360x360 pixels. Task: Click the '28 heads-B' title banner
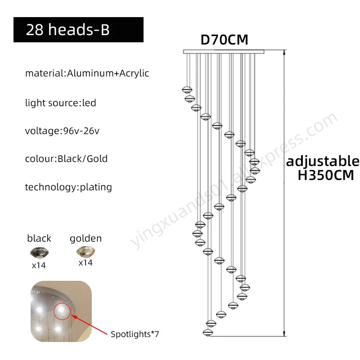(x=78, y=30)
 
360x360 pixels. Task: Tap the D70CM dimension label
(x=224, y=40)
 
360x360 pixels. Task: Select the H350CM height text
(x=326, y=175)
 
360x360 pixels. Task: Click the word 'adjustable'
(x=323, y=162)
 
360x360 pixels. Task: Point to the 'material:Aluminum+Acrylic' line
(x=87, y=73)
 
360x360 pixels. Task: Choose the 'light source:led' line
(x=61, y=103)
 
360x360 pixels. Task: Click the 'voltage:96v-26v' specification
(x=62, y=131)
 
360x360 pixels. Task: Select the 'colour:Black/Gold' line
(x=66, y=159)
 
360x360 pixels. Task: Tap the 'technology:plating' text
(x=68, y=187)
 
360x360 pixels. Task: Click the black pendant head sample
(x=39, y=252)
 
